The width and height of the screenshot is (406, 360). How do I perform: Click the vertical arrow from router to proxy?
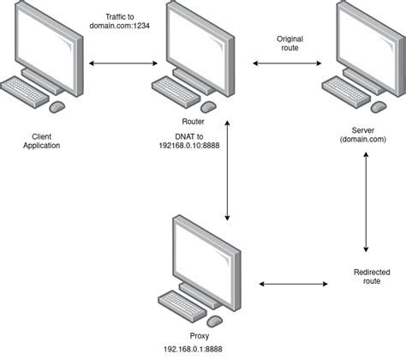tap(226, 171)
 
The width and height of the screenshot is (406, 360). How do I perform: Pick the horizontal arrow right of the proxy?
tap(293, 282)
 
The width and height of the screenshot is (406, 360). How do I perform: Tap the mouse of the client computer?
tap(57, 105)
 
